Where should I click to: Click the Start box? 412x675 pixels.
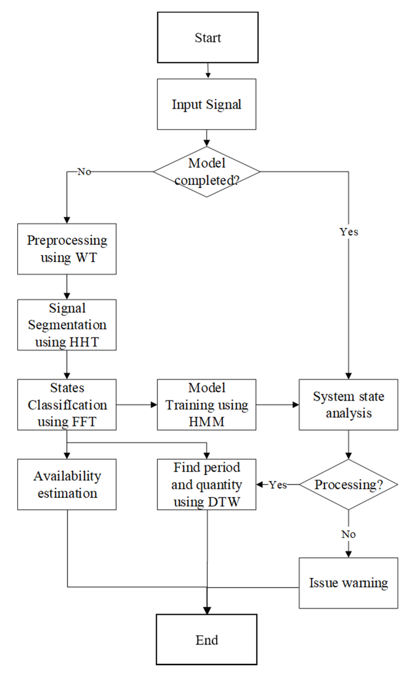coord(208,38)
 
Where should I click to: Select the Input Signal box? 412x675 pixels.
coord(207,104)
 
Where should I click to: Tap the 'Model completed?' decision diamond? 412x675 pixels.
coord(207,172)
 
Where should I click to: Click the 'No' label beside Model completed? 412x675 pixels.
coord(84,172)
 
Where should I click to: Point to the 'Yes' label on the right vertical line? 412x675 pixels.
coord(349,232)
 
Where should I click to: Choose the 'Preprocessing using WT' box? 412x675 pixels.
coord(67,249)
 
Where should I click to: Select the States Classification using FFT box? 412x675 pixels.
coord(67,405)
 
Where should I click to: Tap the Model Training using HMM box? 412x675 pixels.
coord(207,405)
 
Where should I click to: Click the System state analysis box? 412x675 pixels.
coord(348,405)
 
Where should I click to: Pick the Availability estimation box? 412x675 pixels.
coord(67,484)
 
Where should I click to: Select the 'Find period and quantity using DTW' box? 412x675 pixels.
coord(207,484)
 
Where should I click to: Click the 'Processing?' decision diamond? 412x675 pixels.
coord(348,484)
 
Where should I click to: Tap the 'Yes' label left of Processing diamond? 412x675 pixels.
coord(278,485)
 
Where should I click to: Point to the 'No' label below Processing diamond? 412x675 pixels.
coord(348,534)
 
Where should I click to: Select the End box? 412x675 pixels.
coord(207,640)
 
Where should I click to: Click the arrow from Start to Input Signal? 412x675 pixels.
coord(208,71)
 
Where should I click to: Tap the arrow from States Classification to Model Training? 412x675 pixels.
coord(137,405)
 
